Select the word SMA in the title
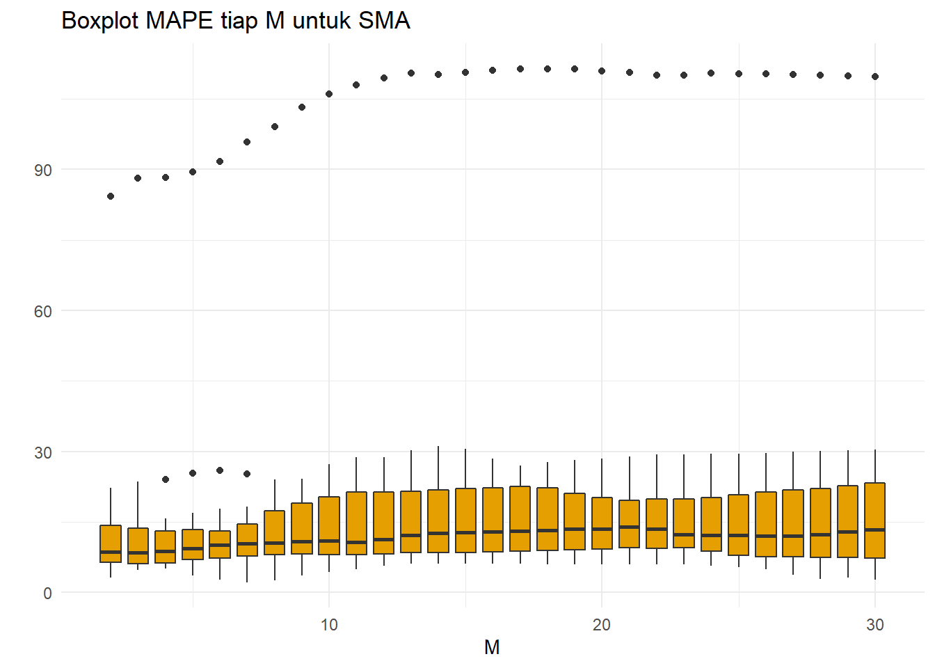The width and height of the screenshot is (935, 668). pos(384,21)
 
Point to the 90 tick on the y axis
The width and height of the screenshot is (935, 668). pos(43,170)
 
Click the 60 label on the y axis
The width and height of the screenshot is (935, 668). pos(43,312)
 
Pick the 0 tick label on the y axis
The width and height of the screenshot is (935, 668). pos(47,594)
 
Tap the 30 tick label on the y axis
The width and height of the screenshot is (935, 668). pos(43,453)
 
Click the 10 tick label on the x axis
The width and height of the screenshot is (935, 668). pos(329,625)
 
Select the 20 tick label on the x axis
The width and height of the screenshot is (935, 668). pos(602,625)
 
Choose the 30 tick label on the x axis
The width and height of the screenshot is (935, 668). pos(875,625)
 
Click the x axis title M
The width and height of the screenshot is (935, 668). pos(492,648)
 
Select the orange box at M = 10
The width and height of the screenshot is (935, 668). pos(329,525)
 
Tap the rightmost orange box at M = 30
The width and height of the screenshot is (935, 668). pos(875,520)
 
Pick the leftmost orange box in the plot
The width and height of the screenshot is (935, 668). pos(111,543)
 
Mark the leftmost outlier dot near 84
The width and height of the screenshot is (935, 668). pos(111,196)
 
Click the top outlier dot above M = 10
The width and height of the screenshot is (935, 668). pos(329,94)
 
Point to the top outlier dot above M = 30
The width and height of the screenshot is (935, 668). pos(875,77)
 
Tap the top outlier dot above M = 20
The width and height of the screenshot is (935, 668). pos(602,71)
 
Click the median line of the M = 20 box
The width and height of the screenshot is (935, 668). pos(602,529)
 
